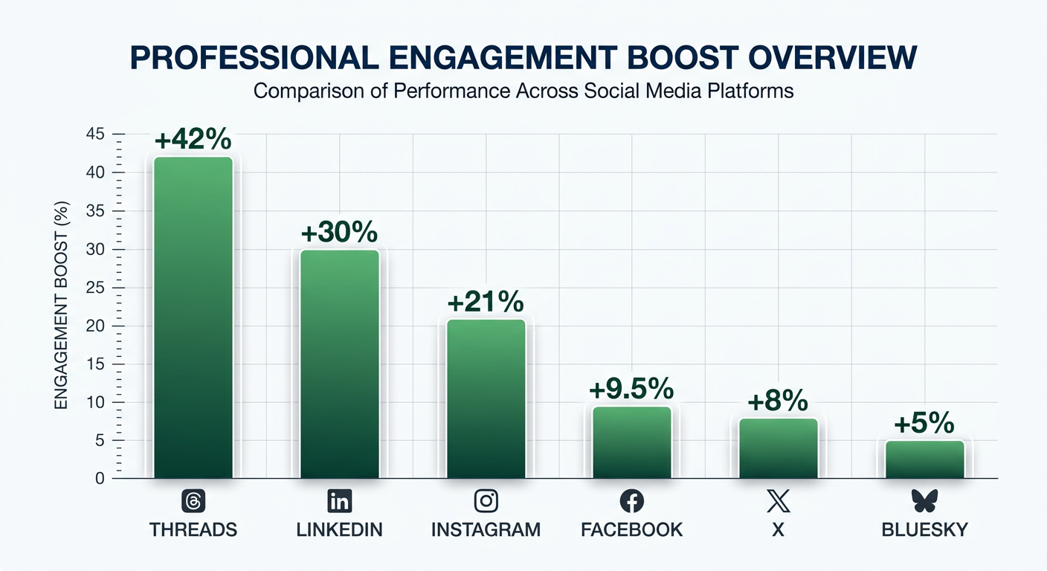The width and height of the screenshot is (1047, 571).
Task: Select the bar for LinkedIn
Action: pos(340,364)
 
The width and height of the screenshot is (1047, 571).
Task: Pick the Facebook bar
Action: pos(632,442)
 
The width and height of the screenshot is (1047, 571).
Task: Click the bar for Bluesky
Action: pos(924,459)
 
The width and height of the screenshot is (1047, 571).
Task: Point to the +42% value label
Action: pos(193,141)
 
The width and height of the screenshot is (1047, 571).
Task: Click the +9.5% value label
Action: pos(631,389)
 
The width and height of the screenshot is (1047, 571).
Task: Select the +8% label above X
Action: pos(778,401)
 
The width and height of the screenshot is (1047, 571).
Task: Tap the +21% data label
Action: pos(486,303)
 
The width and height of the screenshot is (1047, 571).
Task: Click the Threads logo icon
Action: pos(193,501)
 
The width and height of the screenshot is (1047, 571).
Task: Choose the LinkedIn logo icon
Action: pos(339,501)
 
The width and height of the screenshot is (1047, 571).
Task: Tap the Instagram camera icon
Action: pos(486,501)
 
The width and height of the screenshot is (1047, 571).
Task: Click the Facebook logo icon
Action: pos(631,501)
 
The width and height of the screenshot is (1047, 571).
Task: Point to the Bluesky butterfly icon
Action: pos(924,501)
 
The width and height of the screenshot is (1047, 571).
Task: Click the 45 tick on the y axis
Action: pos(97,135)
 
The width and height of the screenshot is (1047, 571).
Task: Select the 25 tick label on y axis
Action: pos(97,288)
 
